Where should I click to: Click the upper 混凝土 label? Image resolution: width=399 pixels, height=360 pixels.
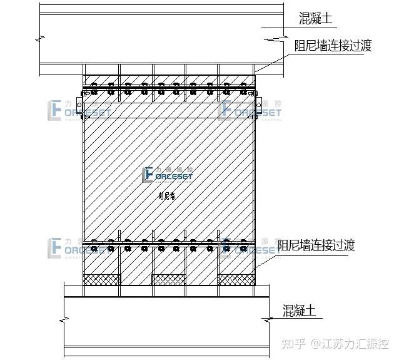pyautogui.click(x=315, y=19)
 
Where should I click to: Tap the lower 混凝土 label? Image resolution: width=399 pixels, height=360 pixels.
pyautogui.click(x=299, y=310)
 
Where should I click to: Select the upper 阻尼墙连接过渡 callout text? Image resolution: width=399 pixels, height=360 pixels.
pyautogui.click(x=333, y=46)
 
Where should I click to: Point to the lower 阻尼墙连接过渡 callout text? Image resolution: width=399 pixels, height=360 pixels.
pyautogui.click(x=316, y=245)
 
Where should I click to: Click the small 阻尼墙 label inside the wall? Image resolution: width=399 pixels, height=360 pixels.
pyautogui.click(x=167, y=195)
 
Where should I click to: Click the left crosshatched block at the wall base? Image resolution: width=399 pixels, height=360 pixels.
pyautogui.click(x=102, y=279)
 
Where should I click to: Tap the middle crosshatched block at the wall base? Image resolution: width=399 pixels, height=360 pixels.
pyautogui.click(x=168, y=279)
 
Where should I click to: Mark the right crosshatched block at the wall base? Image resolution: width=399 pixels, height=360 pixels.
pyautogui.click(x=236, y=279)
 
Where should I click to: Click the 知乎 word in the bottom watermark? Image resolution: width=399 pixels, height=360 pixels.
pyautogui.click(x=294, y=343)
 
